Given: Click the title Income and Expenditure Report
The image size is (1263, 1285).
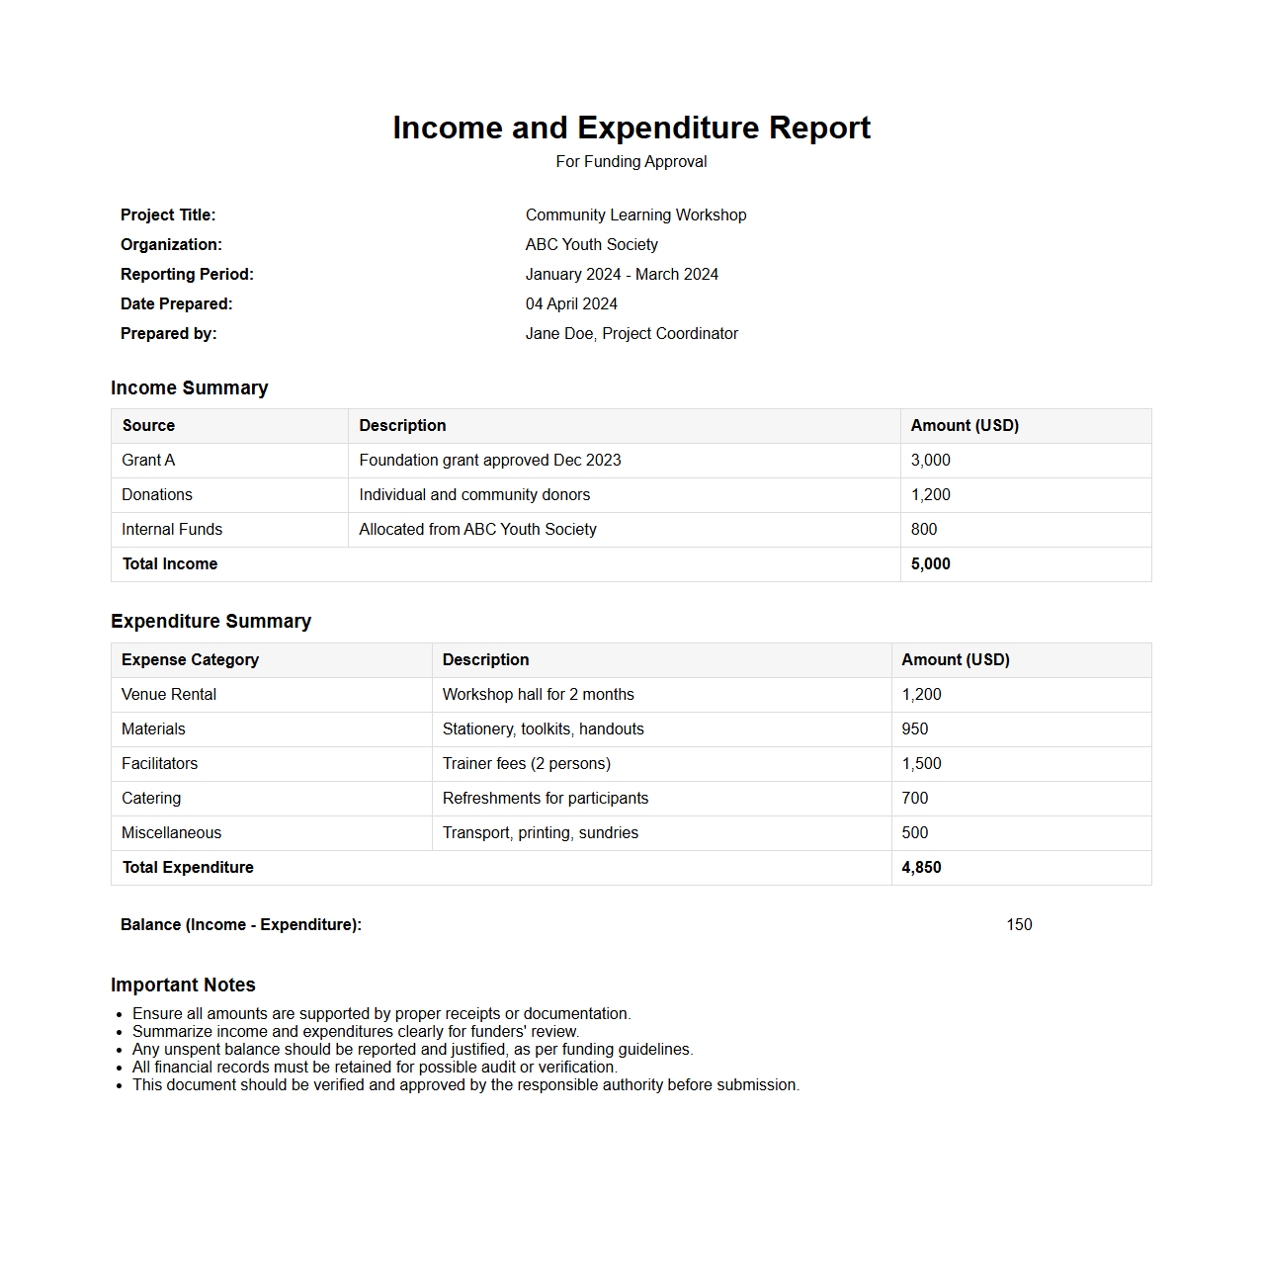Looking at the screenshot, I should click(x=631, y=128).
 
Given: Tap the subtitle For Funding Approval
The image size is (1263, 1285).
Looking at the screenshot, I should click(x=631, y=161).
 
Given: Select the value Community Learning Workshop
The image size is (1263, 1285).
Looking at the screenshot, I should click(x=635, y=214).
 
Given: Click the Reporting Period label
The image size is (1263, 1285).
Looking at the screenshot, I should click(x=187, y=274).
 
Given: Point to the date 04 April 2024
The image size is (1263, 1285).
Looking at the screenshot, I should click(x=571, y=303).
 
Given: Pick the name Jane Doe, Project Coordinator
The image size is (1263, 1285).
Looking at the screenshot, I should click(x=631, y=333).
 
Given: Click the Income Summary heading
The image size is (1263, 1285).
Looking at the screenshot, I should click(x=189, y=387).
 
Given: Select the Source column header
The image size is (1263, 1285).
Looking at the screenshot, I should click(x=148, y=425).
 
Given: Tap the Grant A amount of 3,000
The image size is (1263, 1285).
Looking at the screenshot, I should click(x=930, y=460).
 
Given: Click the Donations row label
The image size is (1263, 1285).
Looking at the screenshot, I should click(x=157, y=494).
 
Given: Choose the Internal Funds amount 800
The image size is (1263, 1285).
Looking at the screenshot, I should click(x=924, y=529).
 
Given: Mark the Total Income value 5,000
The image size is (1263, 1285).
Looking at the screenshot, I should click(x=930, y=563).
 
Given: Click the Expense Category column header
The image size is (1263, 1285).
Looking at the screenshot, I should click(x=190, y=659).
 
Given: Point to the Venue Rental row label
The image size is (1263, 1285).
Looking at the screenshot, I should click(x=169, y=694).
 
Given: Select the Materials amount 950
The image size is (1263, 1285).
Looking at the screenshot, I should click(x=915, y=728).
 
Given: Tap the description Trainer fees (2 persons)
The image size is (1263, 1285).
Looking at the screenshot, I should click(x=527, y=763).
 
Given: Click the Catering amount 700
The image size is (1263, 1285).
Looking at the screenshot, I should click(x=915, y=798).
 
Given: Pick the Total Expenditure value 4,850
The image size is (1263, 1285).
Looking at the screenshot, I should click(x=921, y=867).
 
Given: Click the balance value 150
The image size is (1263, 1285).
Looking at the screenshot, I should click(x=1019, y=924).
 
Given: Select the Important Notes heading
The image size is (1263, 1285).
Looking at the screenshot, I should click(x=183, y=985).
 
